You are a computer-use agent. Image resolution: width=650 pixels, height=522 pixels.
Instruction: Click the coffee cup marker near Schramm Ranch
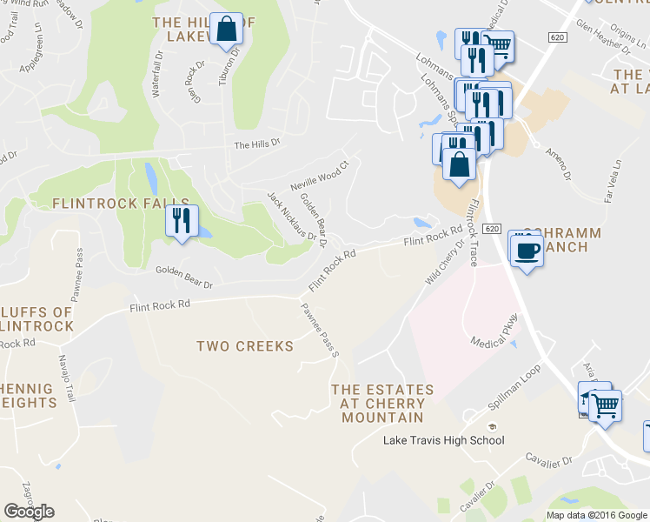(x=526, y=251)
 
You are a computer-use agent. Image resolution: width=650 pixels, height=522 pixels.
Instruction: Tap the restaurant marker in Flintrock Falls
(x=182, y=220)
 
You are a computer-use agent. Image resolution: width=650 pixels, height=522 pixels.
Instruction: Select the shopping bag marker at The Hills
(x=226, y=29)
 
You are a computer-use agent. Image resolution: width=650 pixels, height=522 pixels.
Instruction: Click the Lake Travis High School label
(x=443, y=440)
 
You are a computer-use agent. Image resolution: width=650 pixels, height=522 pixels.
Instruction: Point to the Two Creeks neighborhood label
(x=245, y=346)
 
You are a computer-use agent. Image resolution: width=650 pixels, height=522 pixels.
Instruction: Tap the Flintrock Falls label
(x=108, y=203)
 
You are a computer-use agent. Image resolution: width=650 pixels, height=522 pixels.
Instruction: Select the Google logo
(x=29, y=512)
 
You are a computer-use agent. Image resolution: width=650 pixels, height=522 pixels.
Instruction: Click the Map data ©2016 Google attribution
(x=597, y=515)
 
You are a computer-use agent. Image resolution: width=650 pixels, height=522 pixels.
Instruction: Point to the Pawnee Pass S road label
(x=319, y=330)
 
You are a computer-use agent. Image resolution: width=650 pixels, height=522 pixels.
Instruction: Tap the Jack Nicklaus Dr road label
(x=291, y=217)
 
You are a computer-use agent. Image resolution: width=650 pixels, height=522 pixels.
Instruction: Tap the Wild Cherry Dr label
(x=445, y=264)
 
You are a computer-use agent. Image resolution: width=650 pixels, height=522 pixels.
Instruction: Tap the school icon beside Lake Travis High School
(x=492, y=427)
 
